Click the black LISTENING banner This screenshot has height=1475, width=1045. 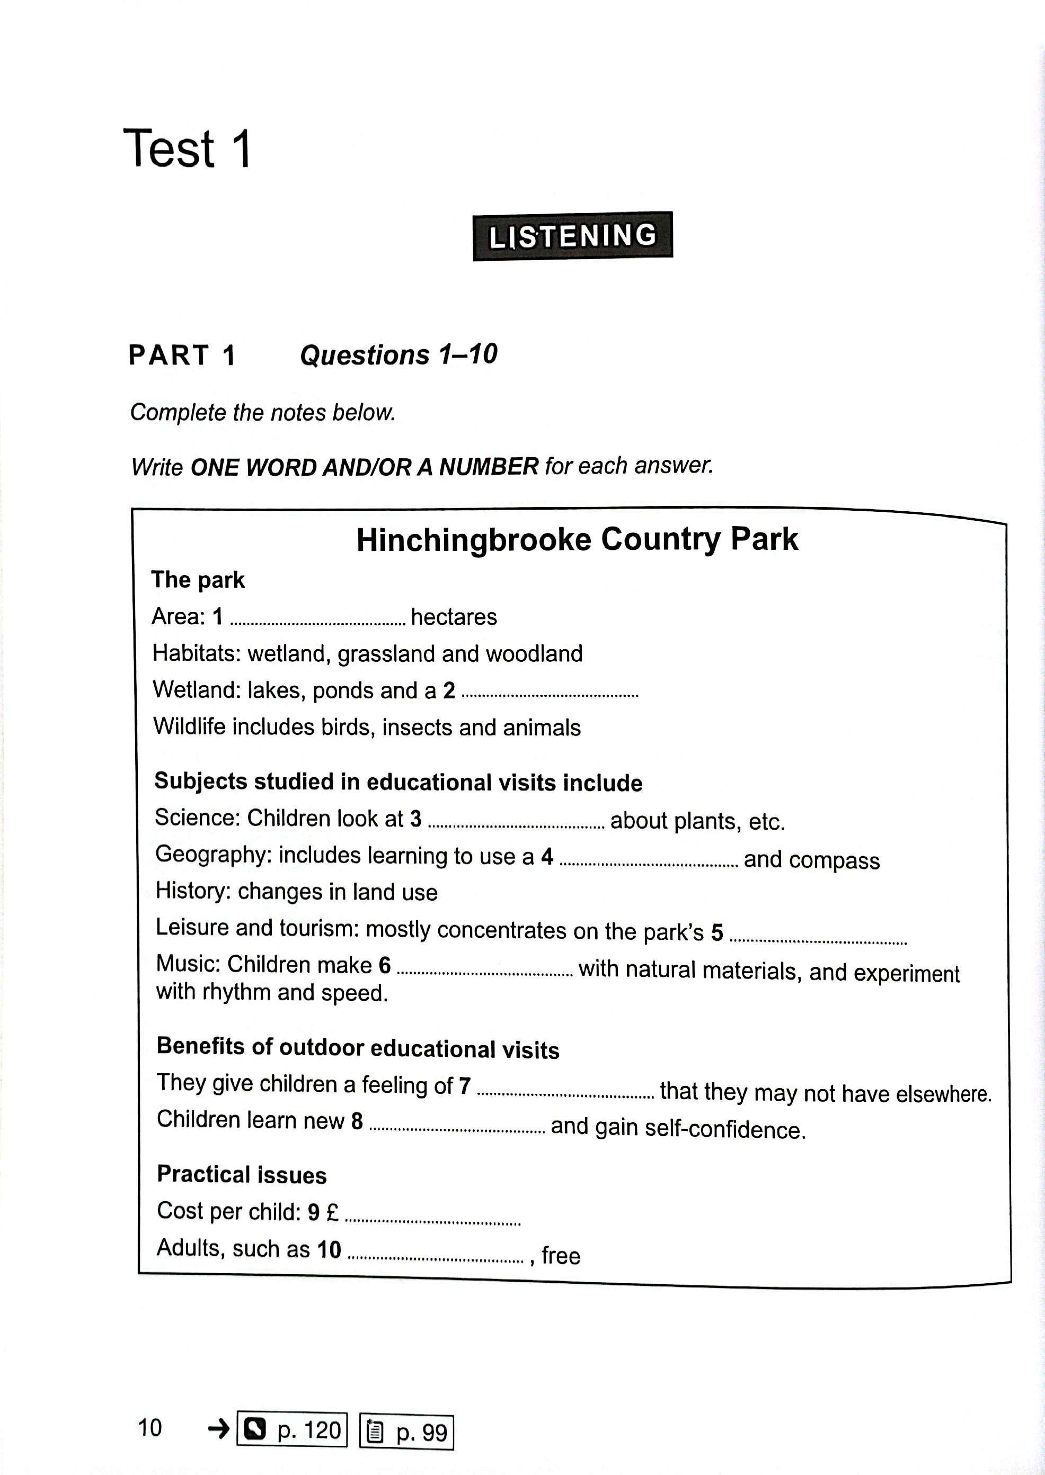[572, 236]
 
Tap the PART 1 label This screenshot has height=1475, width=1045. [182, 355]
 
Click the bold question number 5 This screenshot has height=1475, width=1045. [717, 932]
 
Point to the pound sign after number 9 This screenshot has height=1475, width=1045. [332, 1213]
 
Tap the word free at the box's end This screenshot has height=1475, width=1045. [561, 1256]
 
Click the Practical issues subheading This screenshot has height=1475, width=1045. [242, 1175]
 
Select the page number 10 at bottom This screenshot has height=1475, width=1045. [150, 1427]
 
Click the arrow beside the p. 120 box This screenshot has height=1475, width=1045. [219, 1429]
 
